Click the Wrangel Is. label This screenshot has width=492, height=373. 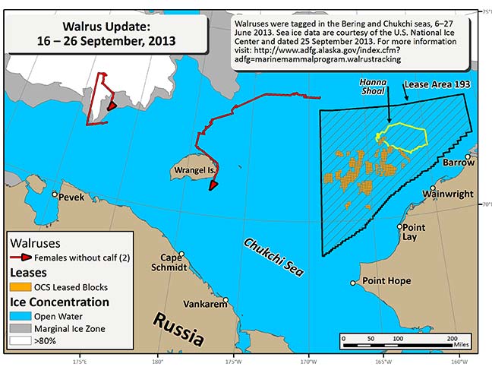click(186, 169)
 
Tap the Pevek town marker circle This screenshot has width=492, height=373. click(55, 194)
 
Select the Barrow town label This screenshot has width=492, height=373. click(458, 163)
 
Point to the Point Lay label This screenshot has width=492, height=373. click(414, 232)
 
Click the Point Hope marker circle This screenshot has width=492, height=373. click(352, 283)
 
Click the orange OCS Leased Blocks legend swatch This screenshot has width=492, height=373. click(20, 286)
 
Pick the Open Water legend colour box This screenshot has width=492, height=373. click(20, 316)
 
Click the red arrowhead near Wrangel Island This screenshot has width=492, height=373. click(214, 183)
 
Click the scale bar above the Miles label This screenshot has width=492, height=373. click(398, 337)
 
